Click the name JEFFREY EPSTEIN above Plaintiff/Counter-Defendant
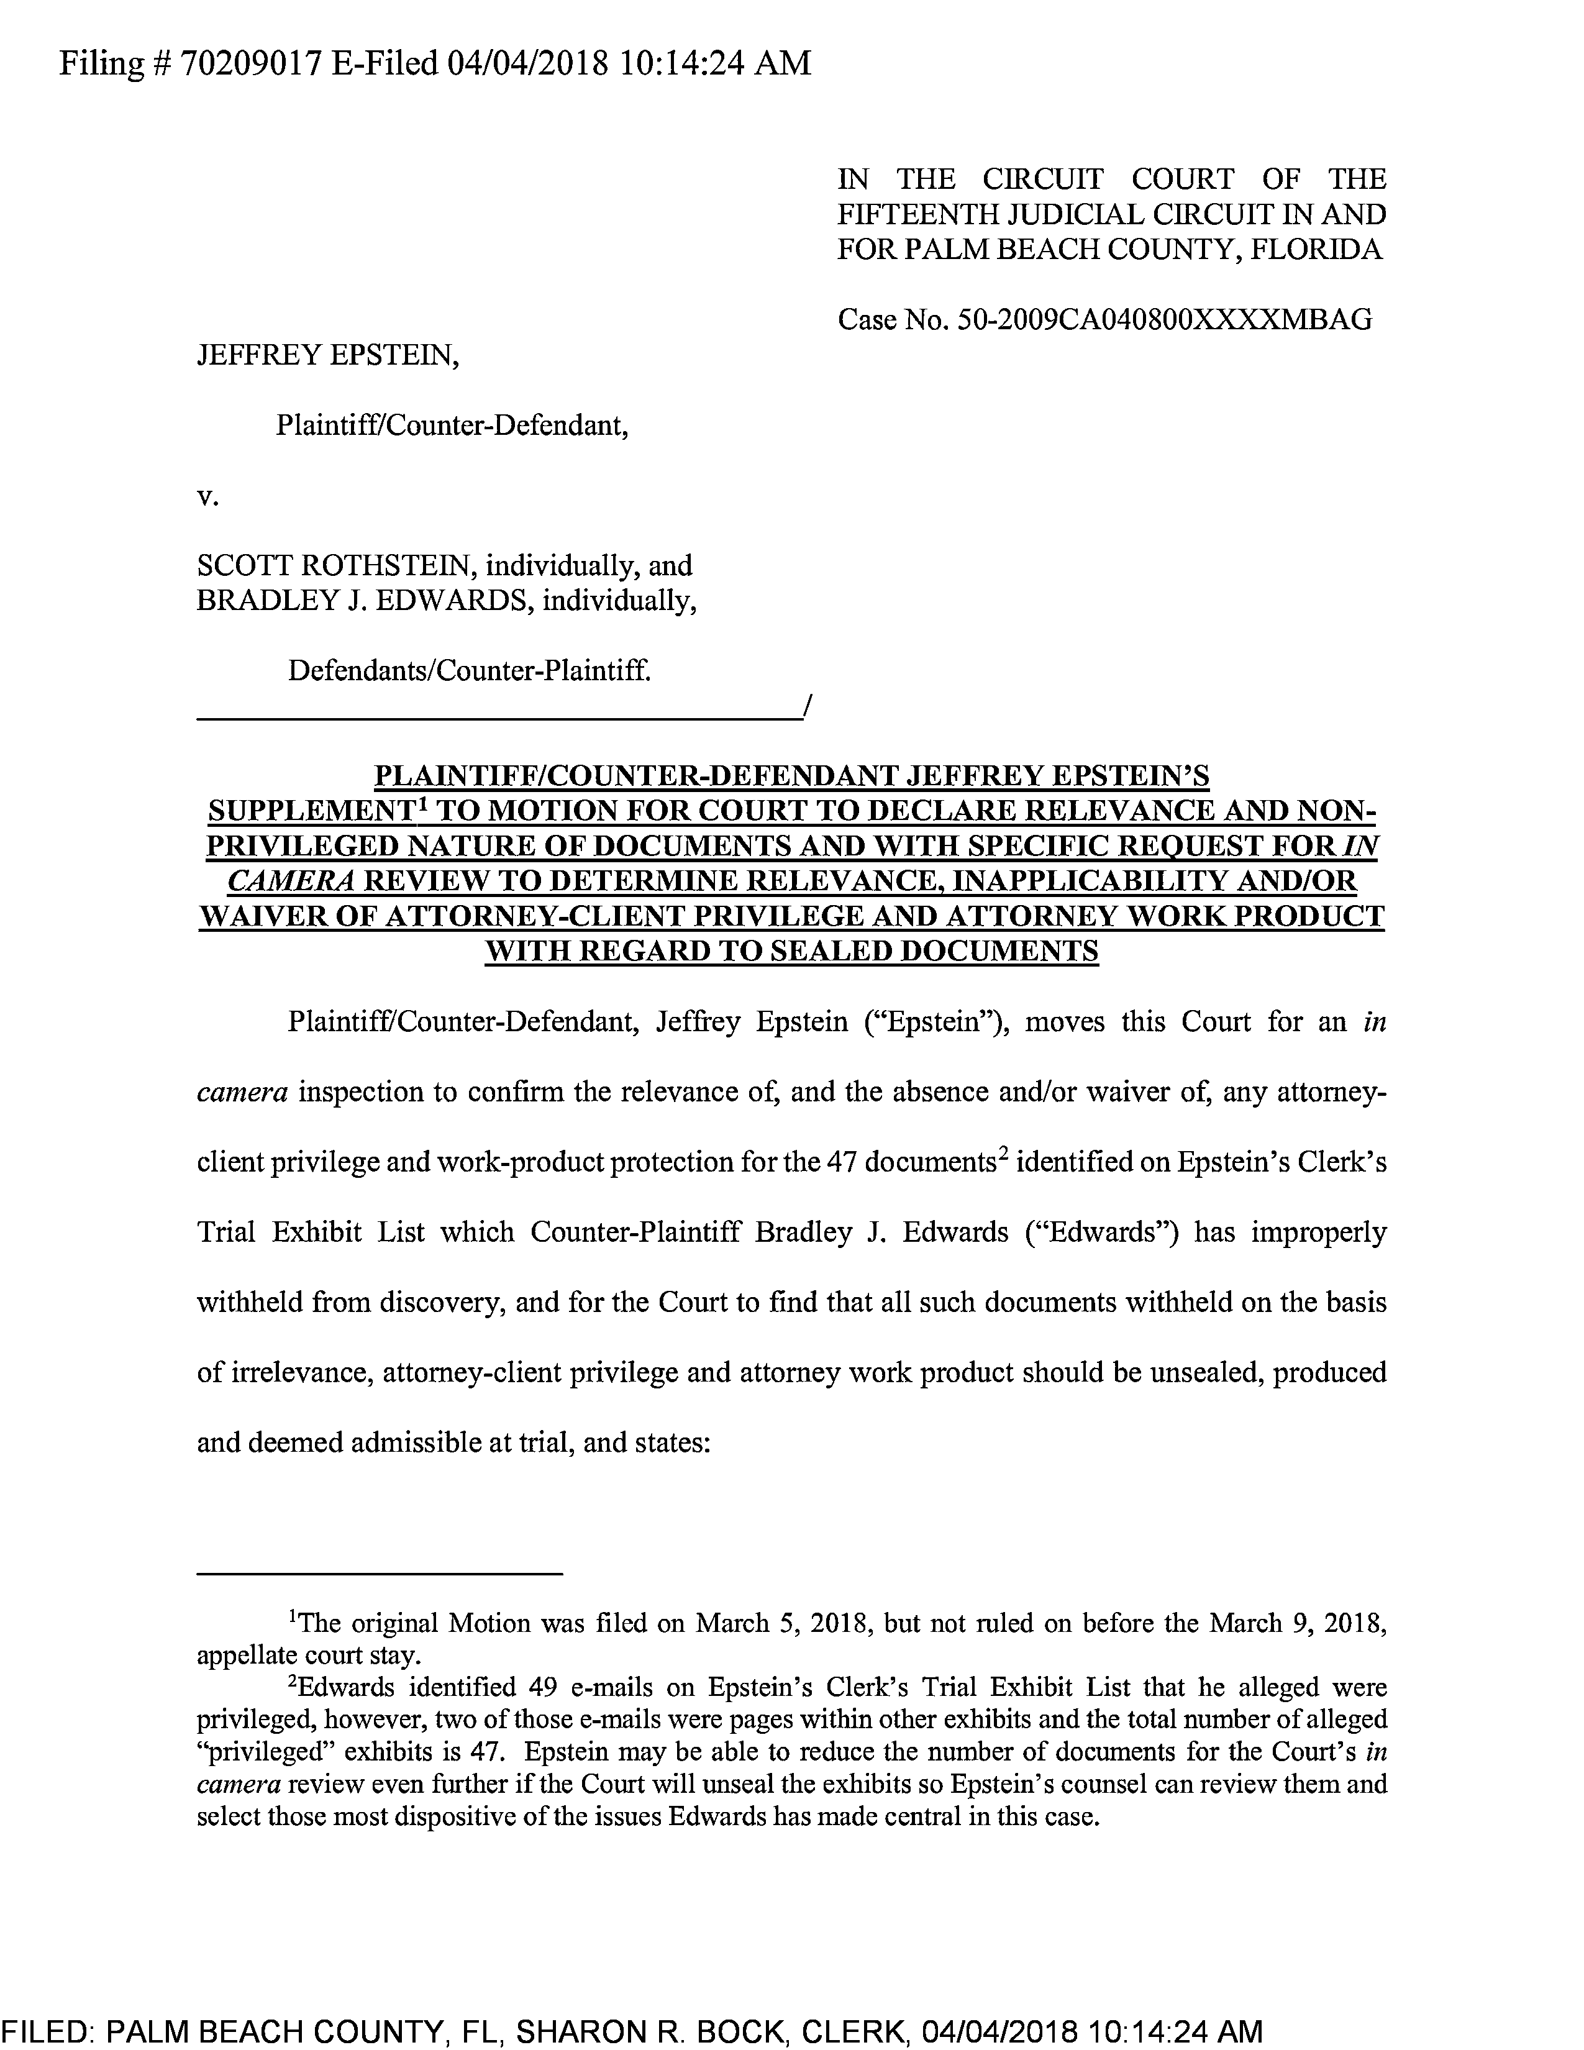(x=327, y=356)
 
